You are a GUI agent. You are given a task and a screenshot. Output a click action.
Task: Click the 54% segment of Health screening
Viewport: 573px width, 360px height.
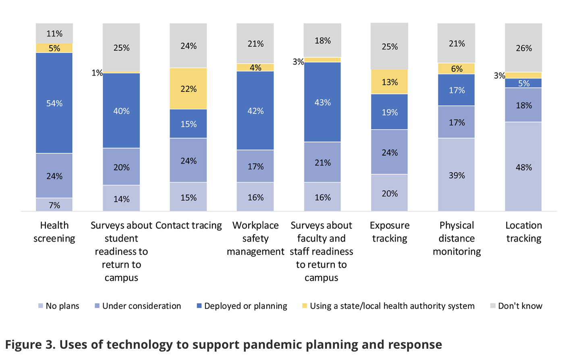[x=54, y=103]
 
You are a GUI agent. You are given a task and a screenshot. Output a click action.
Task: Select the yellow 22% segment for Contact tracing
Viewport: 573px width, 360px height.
[x=188, y=89]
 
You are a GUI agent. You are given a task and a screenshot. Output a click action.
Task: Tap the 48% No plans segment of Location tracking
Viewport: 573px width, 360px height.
[x=523, y=167]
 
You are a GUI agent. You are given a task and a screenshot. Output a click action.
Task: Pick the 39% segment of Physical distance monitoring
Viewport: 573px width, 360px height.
[x=457, y=175]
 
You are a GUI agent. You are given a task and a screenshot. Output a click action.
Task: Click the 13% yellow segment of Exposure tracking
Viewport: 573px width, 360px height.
[x=389, y=82]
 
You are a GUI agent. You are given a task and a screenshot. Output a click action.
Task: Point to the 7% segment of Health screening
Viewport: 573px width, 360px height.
[x=54, y=205]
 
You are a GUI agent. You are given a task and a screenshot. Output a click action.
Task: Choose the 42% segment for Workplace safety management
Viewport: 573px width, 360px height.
[x=255, y=111]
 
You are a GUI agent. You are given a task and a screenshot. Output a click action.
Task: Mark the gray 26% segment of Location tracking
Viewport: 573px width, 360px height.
[x=523, y=48]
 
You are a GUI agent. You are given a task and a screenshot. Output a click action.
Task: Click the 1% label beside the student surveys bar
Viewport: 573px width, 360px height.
[x=97, y=73]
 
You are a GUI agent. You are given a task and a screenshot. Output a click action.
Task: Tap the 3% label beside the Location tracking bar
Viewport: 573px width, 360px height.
[x=499, y=75]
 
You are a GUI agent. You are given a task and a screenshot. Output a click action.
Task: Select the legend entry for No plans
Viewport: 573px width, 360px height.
[x=59, y=306]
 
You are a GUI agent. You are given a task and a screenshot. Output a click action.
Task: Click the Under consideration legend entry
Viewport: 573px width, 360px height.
[x=138, y=306]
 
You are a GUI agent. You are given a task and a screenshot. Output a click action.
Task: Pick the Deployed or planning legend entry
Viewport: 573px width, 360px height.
[x=242, y=306]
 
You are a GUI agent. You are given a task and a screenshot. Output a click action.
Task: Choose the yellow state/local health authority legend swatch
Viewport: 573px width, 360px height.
[x=305, y=306]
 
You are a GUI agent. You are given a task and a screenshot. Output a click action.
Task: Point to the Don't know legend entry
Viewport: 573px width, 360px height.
[x=516, y=306]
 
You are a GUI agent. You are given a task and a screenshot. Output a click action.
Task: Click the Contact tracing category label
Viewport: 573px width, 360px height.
[x=188, y=226]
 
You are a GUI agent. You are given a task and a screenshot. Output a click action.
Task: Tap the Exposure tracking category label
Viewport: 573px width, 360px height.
[x=389, y=232]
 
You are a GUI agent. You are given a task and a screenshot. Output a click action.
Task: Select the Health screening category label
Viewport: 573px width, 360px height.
[x=54, y=232]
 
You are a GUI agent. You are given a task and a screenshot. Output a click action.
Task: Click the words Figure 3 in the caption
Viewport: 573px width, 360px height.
[x=29, y=345]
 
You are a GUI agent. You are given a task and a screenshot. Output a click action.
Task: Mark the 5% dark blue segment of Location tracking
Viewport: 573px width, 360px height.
[x=523, y=83]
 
